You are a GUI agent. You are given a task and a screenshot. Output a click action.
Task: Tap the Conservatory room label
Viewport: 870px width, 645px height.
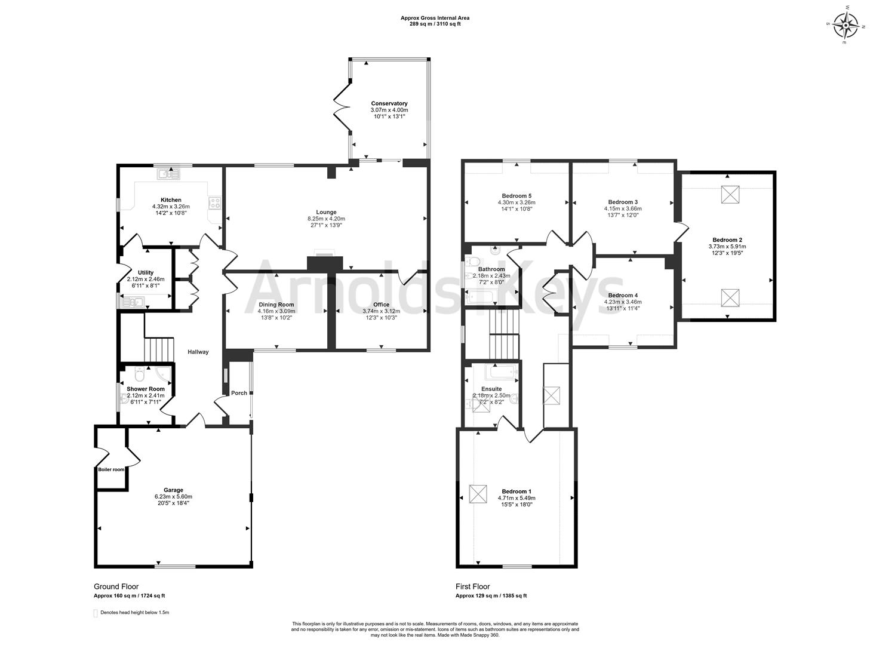click(x=389, y=103)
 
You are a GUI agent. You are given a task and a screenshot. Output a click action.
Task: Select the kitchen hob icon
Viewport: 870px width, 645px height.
click(x=214, y=203)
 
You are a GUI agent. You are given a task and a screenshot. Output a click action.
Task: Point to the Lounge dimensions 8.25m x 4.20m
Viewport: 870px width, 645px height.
click(x=326, y=219)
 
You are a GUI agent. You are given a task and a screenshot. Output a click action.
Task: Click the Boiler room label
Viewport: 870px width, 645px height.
click(x=112, y=469)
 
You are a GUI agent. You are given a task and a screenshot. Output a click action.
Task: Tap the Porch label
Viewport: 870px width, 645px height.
click(x=239, y=393)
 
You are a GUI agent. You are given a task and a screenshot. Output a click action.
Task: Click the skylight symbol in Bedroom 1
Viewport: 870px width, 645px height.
click(x=478, y=494)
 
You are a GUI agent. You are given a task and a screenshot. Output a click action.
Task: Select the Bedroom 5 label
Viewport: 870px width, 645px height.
click(x=517, y=196)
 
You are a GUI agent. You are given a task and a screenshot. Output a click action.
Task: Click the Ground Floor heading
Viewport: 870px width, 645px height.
click(x=116, y=586)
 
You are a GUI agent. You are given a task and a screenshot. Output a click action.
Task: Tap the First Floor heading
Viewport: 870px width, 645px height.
click(x=472, y=586)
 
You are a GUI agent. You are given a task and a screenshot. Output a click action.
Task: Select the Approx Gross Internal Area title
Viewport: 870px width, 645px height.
click(x=435, y=18)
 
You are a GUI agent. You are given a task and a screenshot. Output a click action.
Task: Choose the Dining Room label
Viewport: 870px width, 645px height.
click(x=276, y=305)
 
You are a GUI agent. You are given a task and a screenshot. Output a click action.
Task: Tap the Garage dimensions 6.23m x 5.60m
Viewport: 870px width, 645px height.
click(x=173, y=496)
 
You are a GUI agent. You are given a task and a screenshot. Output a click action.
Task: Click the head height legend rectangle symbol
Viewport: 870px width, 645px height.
click(x=96, y=613)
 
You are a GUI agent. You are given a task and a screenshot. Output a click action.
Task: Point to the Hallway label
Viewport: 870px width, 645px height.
click(x=198, y=352)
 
